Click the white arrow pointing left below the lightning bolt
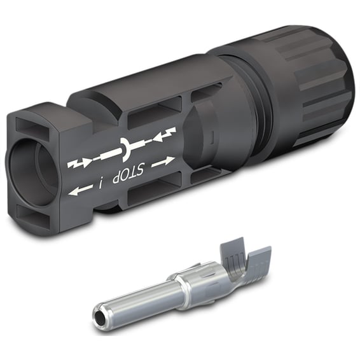click(80, 190)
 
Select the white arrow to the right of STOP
click(163, 161)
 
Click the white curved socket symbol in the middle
click(125, 149)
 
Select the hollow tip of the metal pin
click(99, 316)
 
